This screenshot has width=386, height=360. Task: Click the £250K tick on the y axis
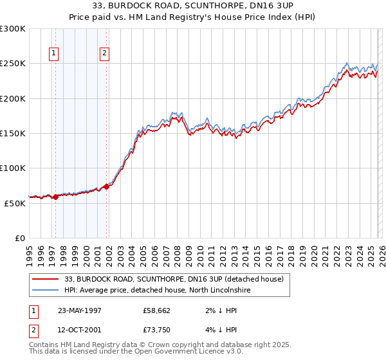(14, 64)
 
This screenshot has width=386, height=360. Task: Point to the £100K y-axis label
(14, 168)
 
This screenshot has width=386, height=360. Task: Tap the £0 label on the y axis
(21, 238)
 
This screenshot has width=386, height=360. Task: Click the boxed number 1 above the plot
(53, 54)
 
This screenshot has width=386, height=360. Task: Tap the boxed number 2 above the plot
(104, 54)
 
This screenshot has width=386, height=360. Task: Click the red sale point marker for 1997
(56, 197)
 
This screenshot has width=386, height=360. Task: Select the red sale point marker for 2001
(106, 186)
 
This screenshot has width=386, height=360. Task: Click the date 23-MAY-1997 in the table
(80, 309)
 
